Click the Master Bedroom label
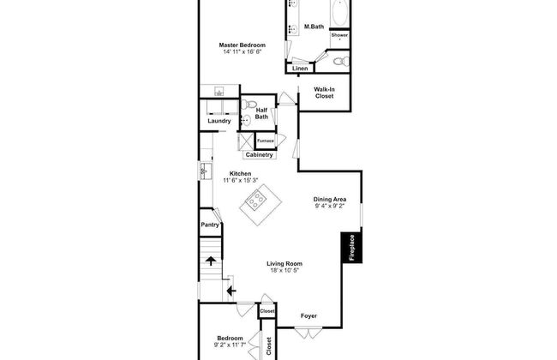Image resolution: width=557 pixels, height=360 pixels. (243, 45)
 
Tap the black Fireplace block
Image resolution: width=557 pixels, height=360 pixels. (351, 248)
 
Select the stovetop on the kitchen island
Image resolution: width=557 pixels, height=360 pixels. (256, 201)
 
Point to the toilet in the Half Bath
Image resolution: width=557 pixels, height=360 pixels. (249, 105)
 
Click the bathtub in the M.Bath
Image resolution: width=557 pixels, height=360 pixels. (340, 13)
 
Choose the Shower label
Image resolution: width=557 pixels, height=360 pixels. (339, 35)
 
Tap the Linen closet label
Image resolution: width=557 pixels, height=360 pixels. (300, 69)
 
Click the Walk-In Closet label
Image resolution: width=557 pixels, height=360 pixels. (324, 93)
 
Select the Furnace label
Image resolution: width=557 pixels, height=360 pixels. (266, 141)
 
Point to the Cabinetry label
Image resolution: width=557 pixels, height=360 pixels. (260, 155)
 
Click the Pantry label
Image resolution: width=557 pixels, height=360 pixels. (210, 225)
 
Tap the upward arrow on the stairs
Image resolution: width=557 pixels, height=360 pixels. (211, 261)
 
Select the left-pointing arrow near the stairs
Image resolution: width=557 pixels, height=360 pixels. (231, 291)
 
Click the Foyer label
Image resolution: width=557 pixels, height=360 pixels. (308, 316)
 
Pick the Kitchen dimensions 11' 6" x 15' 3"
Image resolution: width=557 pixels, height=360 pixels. (241, 180)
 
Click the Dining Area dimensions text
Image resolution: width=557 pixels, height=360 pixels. (330, 206)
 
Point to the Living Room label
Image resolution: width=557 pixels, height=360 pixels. (284, 264)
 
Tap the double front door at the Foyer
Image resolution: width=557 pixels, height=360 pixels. (308, 333)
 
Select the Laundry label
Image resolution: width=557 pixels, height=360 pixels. (219, 121)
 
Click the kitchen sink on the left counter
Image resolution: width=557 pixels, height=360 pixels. (206, 171)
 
